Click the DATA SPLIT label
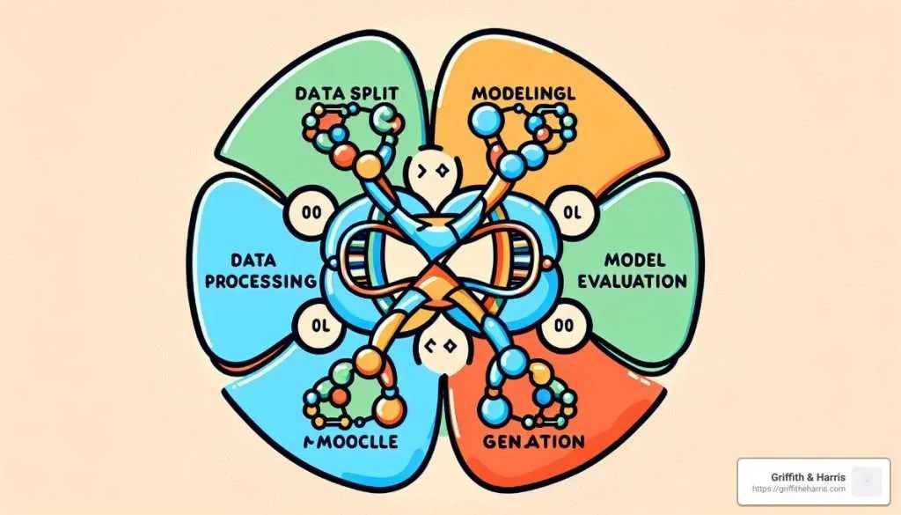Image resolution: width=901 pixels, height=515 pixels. click(348, 92)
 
